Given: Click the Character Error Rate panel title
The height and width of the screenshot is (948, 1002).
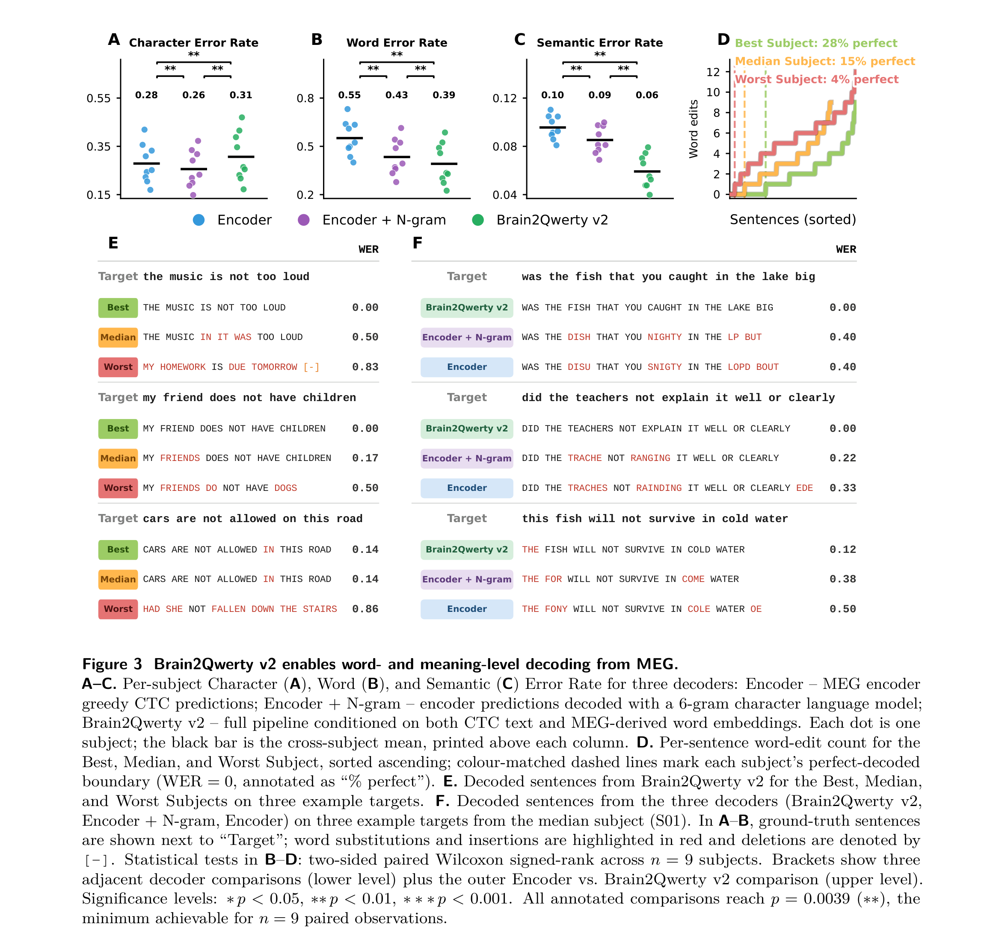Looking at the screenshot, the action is [194, 42].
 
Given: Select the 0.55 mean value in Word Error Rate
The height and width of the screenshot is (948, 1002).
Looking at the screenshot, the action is [350, 95].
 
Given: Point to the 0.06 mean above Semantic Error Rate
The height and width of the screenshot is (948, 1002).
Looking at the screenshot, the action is [646, 95].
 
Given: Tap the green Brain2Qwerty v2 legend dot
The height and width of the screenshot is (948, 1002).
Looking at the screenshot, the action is [478, 220].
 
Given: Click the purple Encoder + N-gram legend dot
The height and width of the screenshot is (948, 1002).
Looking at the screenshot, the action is [304, 220].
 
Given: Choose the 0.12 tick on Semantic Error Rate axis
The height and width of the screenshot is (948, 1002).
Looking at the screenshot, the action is [504, 98].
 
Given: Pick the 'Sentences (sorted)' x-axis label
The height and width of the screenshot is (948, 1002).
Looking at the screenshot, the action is [793, 219].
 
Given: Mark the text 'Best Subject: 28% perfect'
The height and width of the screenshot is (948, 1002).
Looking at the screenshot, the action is [816, 43].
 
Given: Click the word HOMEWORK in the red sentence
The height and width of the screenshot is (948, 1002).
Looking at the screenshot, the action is [183, 367].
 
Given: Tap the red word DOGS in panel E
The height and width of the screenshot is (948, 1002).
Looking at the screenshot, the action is [286, 488].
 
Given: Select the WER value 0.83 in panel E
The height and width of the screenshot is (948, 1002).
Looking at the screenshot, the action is [365, 367].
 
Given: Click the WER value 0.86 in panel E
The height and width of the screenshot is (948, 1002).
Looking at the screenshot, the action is [365, 609].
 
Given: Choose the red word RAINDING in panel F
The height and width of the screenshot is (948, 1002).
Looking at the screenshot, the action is [659, 488].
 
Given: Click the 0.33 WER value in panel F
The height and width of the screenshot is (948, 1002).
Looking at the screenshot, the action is [843, 488].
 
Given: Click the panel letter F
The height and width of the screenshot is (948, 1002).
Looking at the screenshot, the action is [417, 243].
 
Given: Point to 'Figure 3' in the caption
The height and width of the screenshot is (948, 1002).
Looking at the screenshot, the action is [112, 664].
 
